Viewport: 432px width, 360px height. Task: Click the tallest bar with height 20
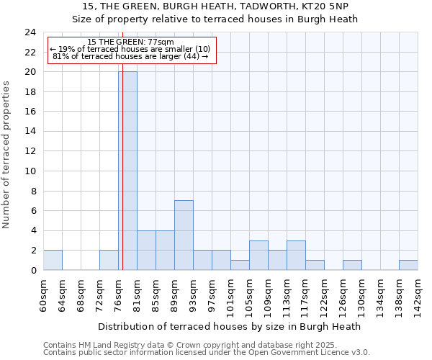pyautogui.click(x=127, y=171)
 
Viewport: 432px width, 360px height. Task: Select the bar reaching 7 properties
pyautogui.click(x=184, y=235)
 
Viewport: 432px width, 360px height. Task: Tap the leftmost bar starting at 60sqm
pyautogui.click(x=53, y=260)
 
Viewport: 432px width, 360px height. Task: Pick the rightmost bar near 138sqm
pyautogui.click(x=408, y=265)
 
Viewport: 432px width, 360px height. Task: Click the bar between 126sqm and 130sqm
pyautogui.click(x=352, y=265)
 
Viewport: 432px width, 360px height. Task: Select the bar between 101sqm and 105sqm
pyautogui.click(x=240, y=265)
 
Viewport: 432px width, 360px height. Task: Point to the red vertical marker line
pyautogui.click(x=123, y=180)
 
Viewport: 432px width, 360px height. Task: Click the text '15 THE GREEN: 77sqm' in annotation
pyautogui.click(x=130, y=42)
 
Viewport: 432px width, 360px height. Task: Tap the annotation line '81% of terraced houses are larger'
pyautogui.click(x=130, y=56)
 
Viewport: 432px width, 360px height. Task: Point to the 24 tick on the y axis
pyautogui.click(x=30, y=32)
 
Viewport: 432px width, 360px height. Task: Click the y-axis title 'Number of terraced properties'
pyautogui.click(x=6, y=155)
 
